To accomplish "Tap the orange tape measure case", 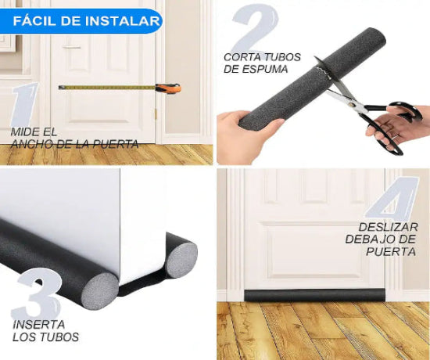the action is click(168, 89).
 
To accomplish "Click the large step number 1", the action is click(25, 105).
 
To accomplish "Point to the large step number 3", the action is click(37, 293).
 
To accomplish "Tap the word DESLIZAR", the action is click(388, 228).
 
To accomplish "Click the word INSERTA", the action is click(38, 325).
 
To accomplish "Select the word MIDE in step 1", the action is click(24, 132).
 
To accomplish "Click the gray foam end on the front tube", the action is click(101, 292).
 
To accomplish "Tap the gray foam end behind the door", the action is click(182, 260).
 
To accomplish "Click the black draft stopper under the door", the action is click(315, 295).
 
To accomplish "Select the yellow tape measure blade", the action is click(108, 88).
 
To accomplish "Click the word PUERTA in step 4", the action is click(391, 251).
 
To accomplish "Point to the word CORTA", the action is click(242, 57).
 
